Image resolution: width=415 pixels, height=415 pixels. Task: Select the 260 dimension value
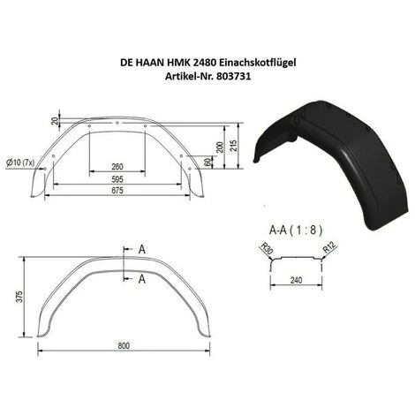117,167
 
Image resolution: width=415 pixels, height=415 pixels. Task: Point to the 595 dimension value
117,177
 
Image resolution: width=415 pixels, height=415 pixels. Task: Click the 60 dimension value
206,162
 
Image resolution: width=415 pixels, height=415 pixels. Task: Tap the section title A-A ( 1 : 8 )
296,228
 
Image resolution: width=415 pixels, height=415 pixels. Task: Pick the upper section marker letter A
140,250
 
